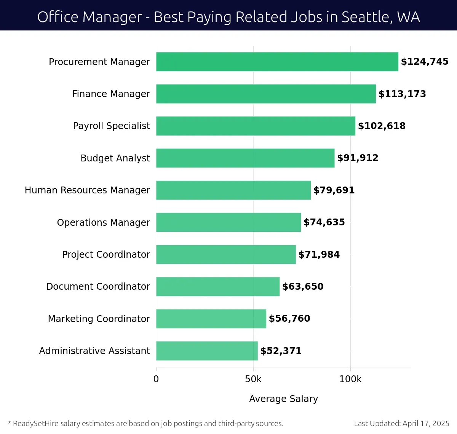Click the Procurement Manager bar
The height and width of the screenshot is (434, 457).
point(277,62)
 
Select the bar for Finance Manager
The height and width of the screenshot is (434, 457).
point(266,94)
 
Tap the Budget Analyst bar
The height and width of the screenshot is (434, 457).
point(245,158)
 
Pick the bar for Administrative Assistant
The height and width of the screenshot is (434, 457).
point(207,351)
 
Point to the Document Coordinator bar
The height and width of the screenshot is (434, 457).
point(218,287)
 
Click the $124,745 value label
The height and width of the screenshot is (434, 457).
point(425,62)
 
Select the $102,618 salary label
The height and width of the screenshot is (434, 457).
point(382,126)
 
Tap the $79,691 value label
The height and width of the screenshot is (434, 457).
point(334,190)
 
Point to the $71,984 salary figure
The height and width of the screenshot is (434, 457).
point(319,255)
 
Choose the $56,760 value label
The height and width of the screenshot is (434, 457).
point(289,319)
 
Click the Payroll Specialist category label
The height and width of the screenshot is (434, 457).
point(112,126)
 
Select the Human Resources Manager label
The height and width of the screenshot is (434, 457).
point(87,190)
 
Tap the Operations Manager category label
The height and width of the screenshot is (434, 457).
point(104,222)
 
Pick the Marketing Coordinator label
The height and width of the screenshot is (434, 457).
point(99,319)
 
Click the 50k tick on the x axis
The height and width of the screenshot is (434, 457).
point(253,379)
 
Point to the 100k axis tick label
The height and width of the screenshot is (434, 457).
point(350,379)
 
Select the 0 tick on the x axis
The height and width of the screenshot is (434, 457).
point(156,379)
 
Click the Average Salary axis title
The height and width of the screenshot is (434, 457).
point(283,399)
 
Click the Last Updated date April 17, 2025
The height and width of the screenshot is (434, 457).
point(426,423)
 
